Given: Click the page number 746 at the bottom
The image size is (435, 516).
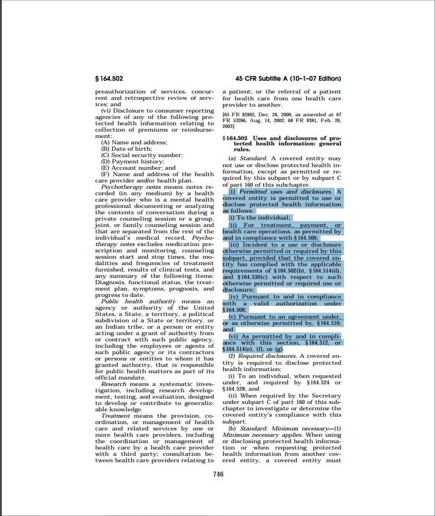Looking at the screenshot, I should pos(218,474).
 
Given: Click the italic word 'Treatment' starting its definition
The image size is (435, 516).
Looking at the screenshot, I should pos(115,416).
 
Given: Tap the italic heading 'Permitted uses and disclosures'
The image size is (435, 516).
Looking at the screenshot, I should pos(285,192).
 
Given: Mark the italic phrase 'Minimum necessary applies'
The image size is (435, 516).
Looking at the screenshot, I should pos(253,435).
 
